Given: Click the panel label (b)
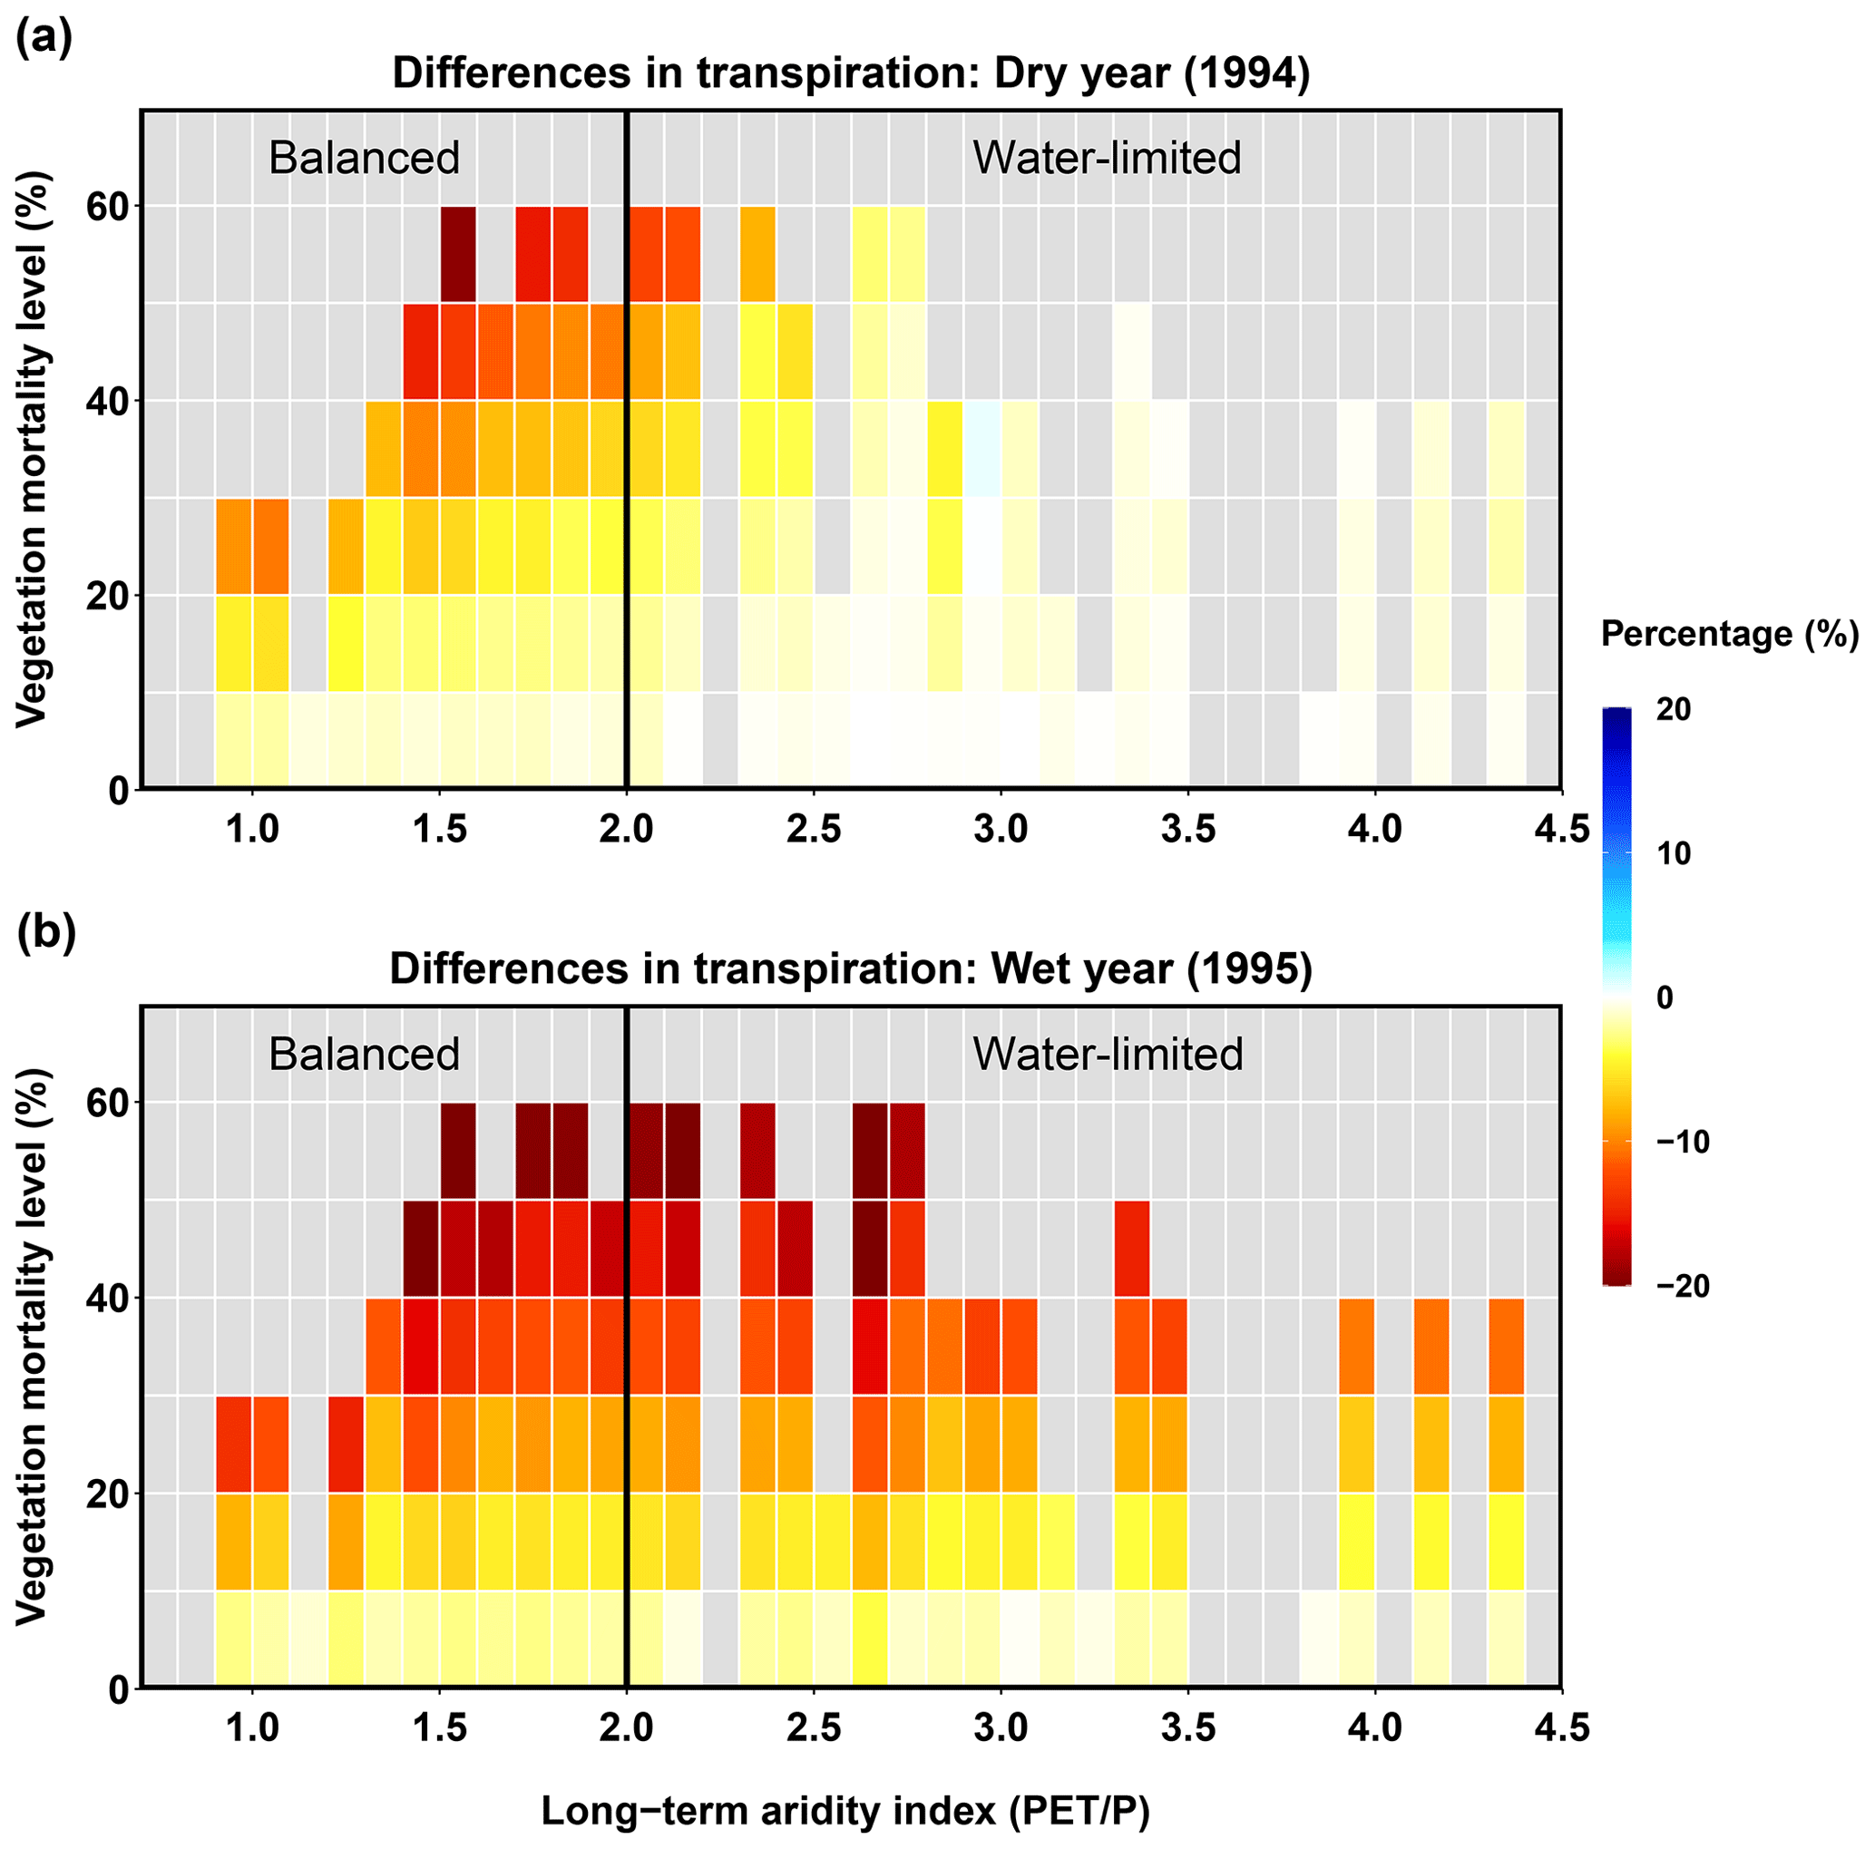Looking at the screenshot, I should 45,933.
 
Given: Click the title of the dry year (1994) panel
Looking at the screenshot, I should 851,73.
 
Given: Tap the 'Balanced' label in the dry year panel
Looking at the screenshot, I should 364,158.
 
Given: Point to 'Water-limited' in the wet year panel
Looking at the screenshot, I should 1108,1055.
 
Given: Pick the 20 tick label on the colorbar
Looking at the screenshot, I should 1673,710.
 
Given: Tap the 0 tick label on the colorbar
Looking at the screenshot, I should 1665,998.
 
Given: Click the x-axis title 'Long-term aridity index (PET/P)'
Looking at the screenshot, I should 845,1810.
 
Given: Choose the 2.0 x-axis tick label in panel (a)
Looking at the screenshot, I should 626,832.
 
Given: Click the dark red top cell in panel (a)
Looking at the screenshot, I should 458,255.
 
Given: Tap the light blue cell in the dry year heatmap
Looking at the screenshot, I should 981,449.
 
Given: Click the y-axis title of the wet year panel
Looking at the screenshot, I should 31,1346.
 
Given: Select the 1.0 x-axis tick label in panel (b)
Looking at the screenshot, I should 252,1727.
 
